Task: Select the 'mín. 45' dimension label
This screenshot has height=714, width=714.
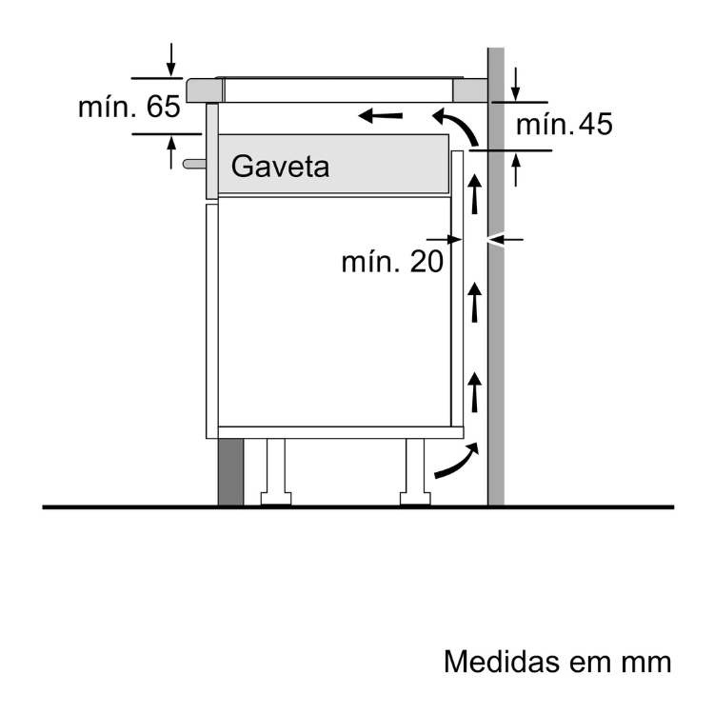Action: point(563,124)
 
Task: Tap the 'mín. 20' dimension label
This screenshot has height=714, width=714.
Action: point(392,262)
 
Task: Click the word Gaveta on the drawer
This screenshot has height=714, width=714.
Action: point(280,167)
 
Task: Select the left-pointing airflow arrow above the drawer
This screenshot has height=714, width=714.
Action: point(381,117)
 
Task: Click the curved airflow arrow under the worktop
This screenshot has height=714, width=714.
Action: point(453,125)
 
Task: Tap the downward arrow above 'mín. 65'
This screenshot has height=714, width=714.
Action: point(171,59)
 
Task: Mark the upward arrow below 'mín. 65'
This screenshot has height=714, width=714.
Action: point(171,153)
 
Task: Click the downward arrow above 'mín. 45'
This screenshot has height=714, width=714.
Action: point(515,83)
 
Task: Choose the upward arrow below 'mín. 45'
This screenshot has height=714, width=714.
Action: point(515,169)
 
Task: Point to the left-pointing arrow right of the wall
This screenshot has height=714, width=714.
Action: point(512,238)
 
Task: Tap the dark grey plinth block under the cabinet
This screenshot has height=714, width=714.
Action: point(229,472)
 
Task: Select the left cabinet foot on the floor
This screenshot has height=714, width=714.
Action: point(276,473)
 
